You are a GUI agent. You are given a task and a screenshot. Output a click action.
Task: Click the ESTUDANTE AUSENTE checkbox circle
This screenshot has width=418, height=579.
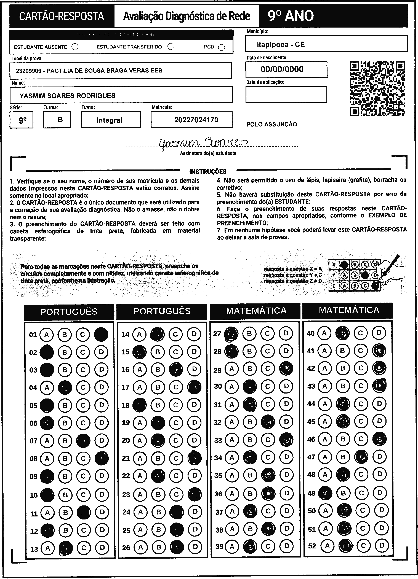pyautogui.click(x=75, y=47)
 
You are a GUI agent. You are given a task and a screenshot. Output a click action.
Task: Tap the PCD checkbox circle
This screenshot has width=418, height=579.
pyautogui.click(x=222, y=47)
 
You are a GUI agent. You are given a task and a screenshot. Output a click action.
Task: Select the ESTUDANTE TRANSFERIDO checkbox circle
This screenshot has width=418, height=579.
pyautogui.click(x=171, y=47)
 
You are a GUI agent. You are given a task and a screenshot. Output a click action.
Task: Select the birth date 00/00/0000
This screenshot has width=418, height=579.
pyautogui.click(x=282, y=69)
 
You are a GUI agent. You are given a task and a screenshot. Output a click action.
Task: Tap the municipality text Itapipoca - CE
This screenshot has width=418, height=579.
pyautogui.click(x=281, y=44)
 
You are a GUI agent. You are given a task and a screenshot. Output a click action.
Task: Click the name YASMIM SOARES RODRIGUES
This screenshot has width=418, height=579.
pyautogui.click(x=67, y=96)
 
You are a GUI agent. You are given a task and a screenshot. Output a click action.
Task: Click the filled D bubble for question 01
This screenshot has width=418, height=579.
pyautogui.click(x=101, y=334)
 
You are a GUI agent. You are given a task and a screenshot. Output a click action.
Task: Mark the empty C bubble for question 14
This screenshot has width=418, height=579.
pyautogui.click(x=175, y=334)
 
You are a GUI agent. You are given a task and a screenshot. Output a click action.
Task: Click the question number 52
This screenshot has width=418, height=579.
pyautogui.click(x=312, y=546)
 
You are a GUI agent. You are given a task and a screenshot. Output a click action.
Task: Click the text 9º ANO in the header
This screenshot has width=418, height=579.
pyautogui.click(x=291, y=16)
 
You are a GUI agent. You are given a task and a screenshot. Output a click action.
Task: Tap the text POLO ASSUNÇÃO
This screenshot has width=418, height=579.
pyautogui.click(x=272, y=124)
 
